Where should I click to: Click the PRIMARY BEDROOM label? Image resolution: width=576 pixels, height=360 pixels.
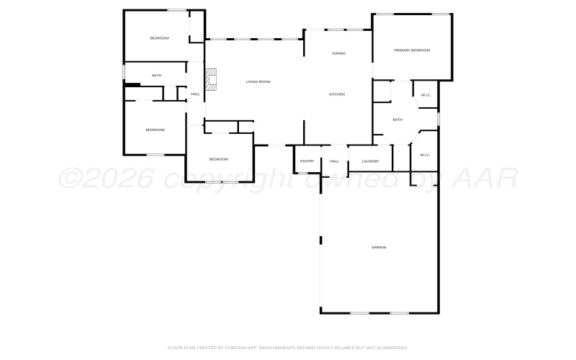tap(412, 50)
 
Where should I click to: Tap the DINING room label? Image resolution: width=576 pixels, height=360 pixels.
tap(338, 53)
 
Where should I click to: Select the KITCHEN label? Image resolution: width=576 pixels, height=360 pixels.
tap(337, 94)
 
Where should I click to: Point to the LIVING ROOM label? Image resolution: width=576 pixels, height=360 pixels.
tap(258, 81)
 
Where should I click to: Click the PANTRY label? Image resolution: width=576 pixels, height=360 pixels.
tap(307, 161)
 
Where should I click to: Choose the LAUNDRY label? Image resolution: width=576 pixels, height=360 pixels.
tap(370, 161)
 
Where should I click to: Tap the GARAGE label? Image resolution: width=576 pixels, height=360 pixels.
tap(379, 247)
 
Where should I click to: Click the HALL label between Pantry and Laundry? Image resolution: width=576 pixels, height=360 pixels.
tap(334, 161)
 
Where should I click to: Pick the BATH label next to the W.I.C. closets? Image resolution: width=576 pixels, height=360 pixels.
tap(397, 120)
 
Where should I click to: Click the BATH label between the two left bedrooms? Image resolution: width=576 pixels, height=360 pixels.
tap(156, 75)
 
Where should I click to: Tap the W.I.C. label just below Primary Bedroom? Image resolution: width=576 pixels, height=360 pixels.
tap(426, 94)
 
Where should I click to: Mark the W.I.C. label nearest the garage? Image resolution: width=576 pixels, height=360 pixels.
tap(425, 154)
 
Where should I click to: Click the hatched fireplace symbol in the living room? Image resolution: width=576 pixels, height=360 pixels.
tap(211, 80)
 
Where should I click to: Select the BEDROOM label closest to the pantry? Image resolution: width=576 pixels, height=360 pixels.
tap(219, 159)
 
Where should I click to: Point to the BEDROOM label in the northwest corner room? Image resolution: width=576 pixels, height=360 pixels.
tap(159, 37)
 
